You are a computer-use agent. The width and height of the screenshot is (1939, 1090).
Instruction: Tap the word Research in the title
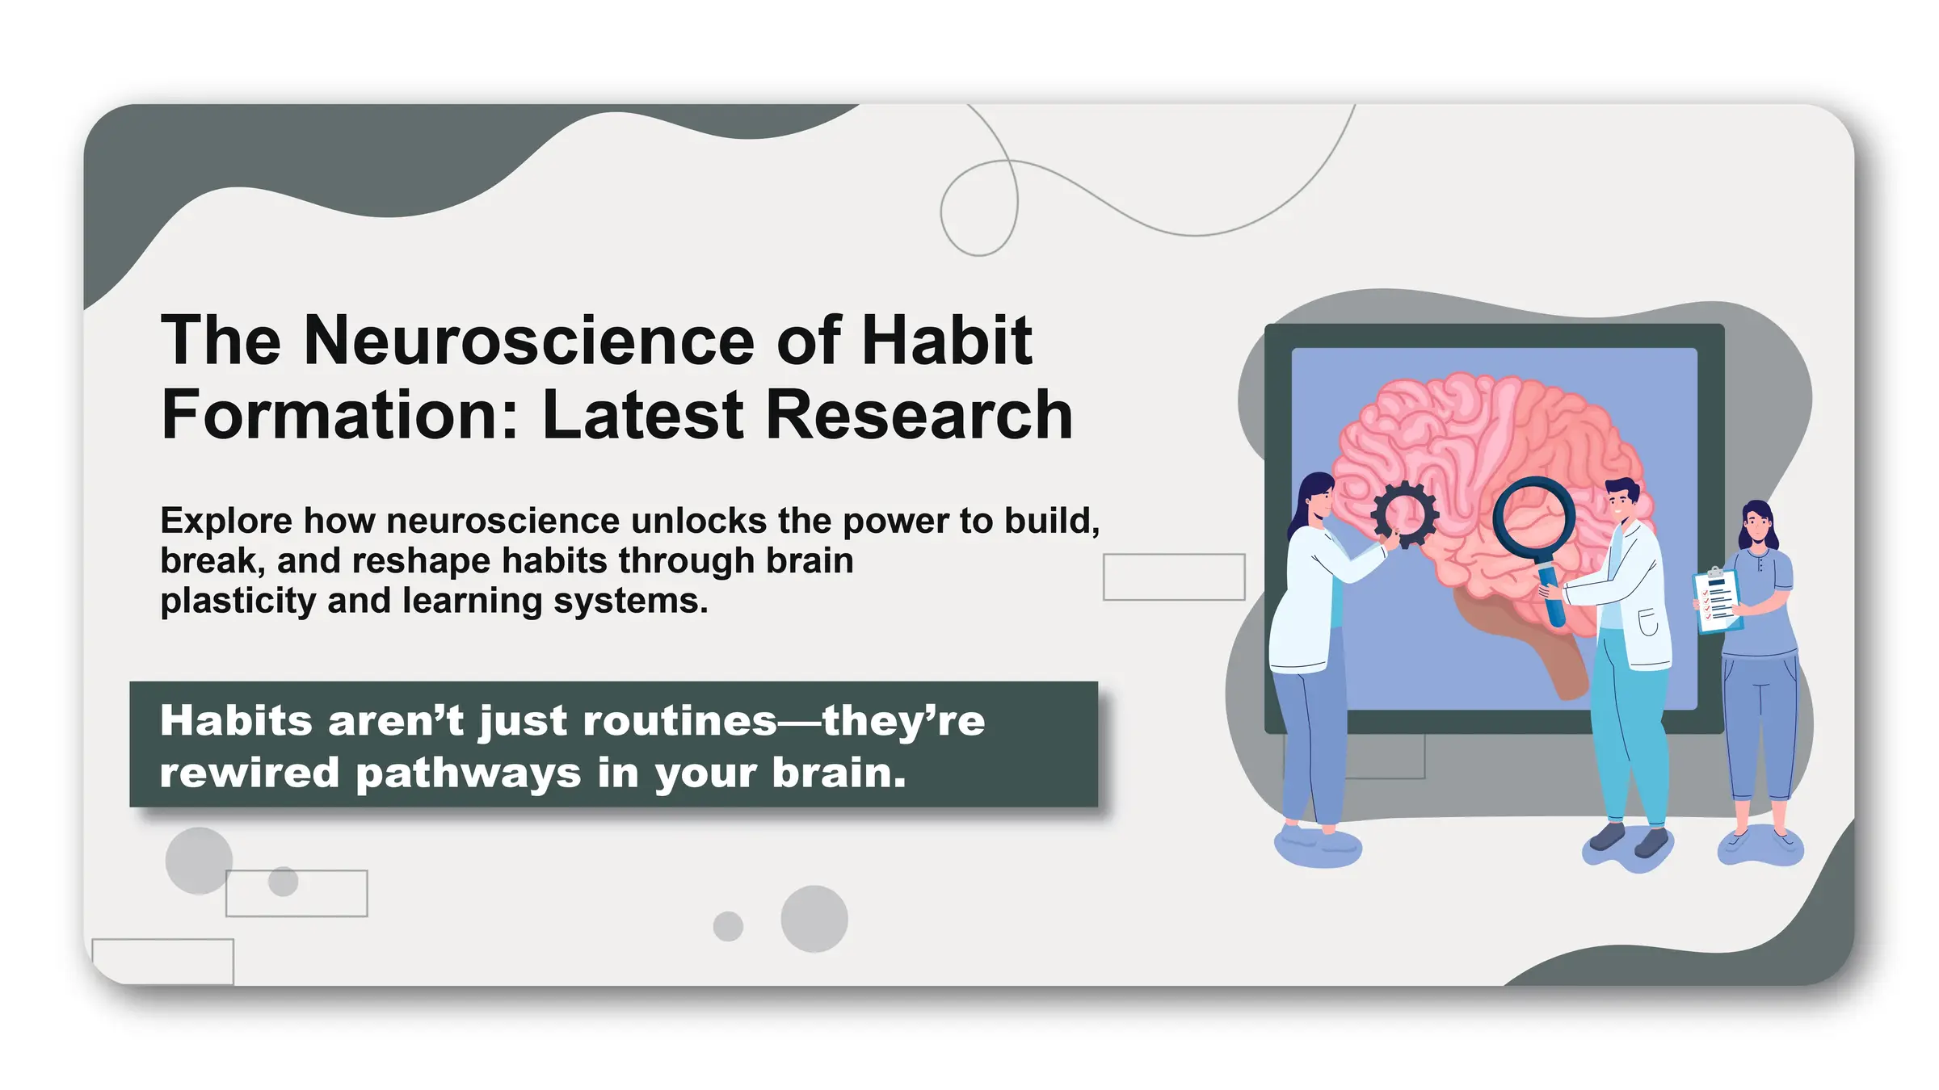(x=919, y=415)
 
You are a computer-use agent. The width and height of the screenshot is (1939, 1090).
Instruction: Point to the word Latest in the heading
(x=644, y=415)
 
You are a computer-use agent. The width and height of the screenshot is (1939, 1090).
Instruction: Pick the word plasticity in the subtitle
(x=238, y=602)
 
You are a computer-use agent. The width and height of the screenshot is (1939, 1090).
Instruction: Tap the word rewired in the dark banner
(x=249, y=773)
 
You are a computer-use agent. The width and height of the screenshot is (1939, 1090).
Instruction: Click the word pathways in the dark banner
(x=468, y=773)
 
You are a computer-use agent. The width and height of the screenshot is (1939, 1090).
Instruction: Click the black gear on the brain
(x=1405, y=514)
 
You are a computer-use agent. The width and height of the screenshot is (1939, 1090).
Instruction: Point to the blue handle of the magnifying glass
(x=1552, y=597)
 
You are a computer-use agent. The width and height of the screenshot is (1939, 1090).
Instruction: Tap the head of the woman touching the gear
(x=1316, y=497)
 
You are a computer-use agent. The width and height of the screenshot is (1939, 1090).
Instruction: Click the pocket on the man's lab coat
(x=1648, y=623)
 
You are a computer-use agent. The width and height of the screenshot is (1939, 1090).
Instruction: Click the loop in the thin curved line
(x=978, y=208)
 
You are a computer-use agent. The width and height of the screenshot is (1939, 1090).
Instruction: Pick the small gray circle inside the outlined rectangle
(x=283, y=881)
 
